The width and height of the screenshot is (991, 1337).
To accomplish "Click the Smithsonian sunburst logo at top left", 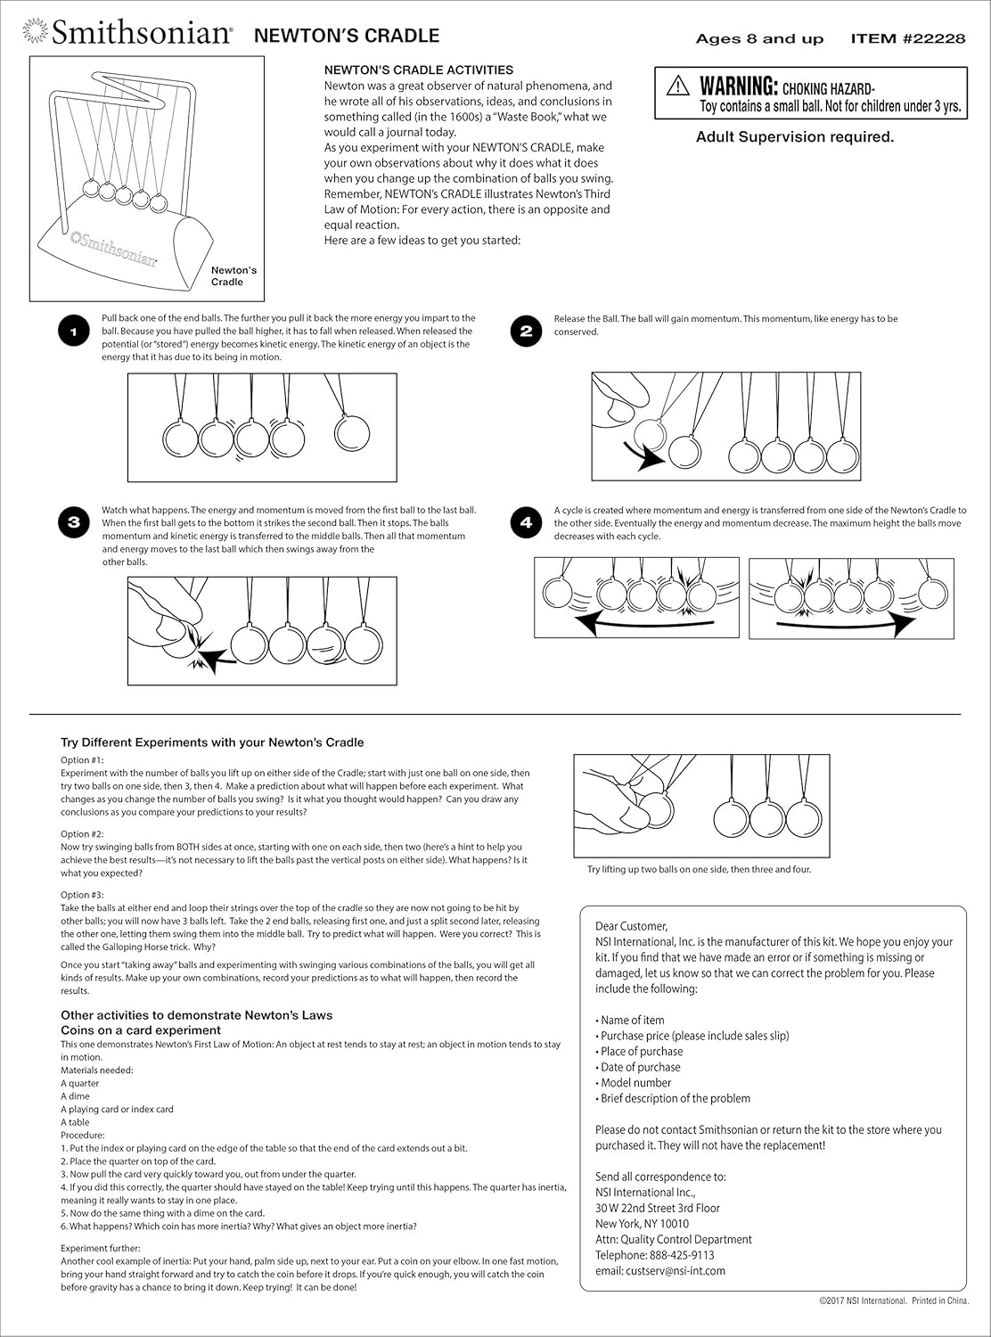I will [x=36, y=34].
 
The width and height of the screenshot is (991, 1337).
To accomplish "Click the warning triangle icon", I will [x=678, y=86].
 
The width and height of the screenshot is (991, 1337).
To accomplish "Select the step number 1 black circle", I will [x=74, y=332].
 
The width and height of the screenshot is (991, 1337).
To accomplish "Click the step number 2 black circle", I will [x=526, y=332].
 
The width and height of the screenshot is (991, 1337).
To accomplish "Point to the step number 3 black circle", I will [x=74, y=523].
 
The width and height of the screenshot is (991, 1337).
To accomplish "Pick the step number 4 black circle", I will [x=526, y=523].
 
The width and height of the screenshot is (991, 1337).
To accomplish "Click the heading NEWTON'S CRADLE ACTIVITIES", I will [x=418, y=70].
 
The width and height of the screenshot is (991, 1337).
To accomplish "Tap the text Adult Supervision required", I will [x=794, y=137].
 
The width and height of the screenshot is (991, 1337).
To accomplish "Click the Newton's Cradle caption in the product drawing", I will [x=233, y=275].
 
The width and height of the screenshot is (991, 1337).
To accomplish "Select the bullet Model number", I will [x=635, y=1083].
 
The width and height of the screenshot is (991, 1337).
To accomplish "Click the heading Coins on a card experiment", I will [x=141, y=1030].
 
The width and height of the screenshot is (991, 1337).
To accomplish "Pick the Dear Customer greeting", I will [x=631, y=926].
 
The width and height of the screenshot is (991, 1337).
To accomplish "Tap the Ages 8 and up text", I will [x=759, y=38].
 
